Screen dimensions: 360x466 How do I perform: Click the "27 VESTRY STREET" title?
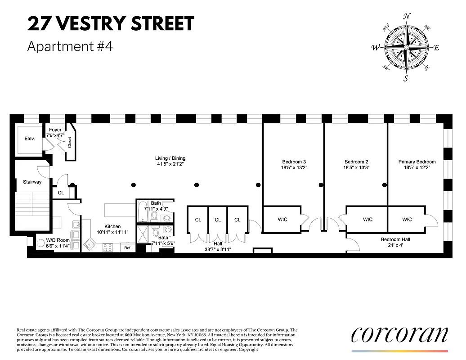111,23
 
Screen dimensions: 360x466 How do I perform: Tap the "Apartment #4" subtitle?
69,46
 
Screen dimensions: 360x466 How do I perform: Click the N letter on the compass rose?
407,17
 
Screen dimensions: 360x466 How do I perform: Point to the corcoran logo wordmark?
399,334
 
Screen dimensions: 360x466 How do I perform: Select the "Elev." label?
30,139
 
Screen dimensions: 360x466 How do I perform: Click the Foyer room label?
55,130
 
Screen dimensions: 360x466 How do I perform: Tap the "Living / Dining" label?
170,158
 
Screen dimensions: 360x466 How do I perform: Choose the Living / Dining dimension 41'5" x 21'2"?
170,164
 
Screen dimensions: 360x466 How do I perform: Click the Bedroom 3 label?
294,162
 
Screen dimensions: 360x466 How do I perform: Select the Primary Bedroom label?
417,162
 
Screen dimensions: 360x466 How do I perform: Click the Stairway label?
32,182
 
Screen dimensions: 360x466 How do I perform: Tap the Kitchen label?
112,226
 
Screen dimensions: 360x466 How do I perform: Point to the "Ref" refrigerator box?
127,248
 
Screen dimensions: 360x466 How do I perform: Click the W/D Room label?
58,240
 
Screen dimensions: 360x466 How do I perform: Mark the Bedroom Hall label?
395,239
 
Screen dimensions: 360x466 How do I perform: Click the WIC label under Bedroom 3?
282,220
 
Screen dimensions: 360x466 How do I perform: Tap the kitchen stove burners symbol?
108,247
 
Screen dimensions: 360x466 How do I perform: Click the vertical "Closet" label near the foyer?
70,143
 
